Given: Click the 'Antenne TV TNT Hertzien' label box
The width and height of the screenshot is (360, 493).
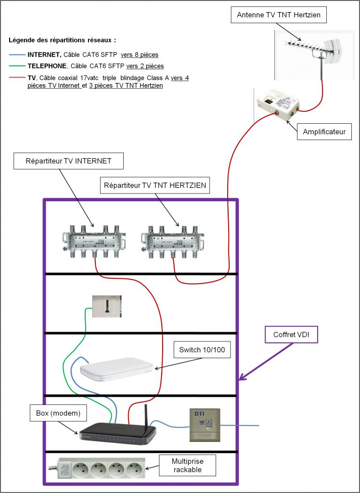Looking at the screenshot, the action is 279,15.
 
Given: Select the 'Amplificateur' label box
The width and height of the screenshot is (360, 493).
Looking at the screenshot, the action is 324,132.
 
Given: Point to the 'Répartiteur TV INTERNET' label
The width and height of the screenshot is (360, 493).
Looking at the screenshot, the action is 68,161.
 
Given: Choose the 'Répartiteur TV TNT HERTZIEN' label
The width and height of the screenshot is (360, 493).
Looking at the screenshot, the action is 155,185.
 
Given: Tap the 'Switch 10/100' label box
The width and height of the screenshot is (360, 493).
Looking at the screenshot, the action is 202,350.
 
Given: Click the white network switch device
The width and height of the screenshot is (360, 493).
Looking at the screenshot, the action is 116,369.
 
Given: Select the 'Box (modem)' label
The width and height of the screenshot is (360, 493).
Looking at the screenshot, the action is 58,413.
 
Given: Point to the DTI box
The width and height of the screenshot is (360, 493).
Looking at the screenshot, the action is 205,425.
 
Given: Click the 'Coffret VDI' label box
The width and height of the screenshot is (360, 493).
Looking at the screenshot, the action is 291,335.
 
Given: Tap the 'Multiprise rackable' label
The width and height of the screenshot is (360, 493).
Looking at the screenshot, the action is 187,466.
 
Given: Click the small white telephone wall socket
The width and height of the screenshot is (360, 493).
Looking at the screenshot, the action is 106,306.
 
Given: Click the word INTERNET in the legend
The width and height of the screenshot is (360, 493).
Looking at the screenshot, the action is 44,55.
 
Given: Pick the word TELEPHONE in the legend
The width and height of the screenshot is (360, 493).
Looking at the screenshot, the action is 47,66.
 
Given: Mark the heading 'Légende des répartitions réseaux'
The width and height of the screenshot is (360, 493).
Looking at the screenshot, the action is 62,40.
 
